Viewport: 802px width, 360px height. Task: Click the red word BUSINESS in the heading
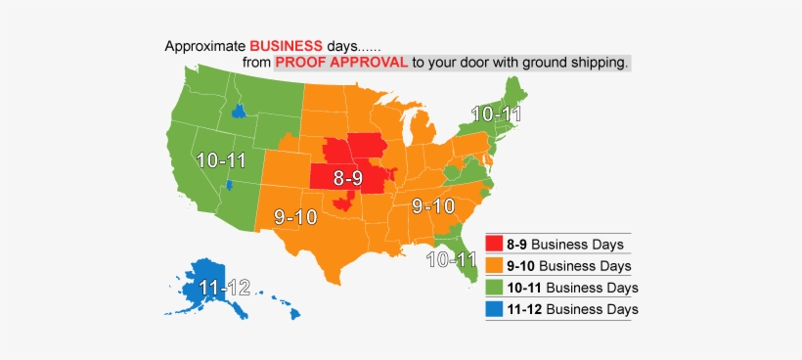(286, 46)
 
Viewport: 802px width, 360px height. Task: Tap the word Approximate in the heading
(204, 46)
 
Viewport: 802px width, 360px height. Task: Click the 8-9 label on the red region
(353, 178)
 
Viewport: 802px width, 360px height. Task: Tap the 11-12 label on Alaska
(224, 288)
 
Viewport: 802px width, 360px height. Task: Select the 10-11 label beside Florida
(451, 259)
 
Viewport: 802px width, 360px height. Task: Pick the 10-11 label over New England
(495, 113)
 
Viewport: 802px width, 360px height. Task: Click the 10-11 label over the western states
(220, 159)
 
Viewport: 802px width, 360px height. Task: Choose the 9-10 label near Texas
(295, 217)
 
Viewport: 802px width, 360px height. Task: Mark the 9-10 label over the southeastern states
(433, 206)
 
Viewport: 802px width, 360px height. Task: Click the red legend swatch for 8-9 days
(495, 245)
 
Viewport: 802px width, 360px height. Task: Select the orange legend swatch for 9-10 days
(495, 266)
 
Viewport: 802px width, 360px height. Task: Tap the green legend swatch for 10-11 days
(495, 288)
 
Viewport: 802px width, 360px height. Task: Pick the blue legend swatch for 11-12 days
(495, 309)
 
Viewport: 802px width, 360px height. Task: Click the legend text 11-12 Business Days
(572, 309)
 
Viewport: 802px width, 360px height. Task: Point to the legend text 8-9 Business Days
(564, 245)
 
